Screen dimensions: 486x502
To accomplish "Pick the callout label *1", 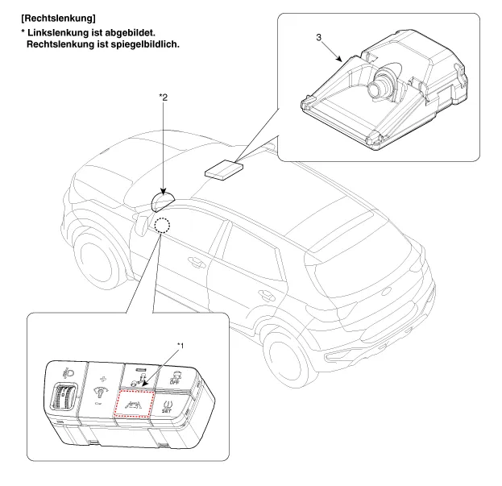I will (180, 344).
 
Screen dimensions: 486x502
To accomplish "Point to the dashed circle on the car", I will (163, 225).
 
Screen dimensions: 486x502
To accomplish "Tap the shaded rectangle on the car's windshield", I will (223, 169).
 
